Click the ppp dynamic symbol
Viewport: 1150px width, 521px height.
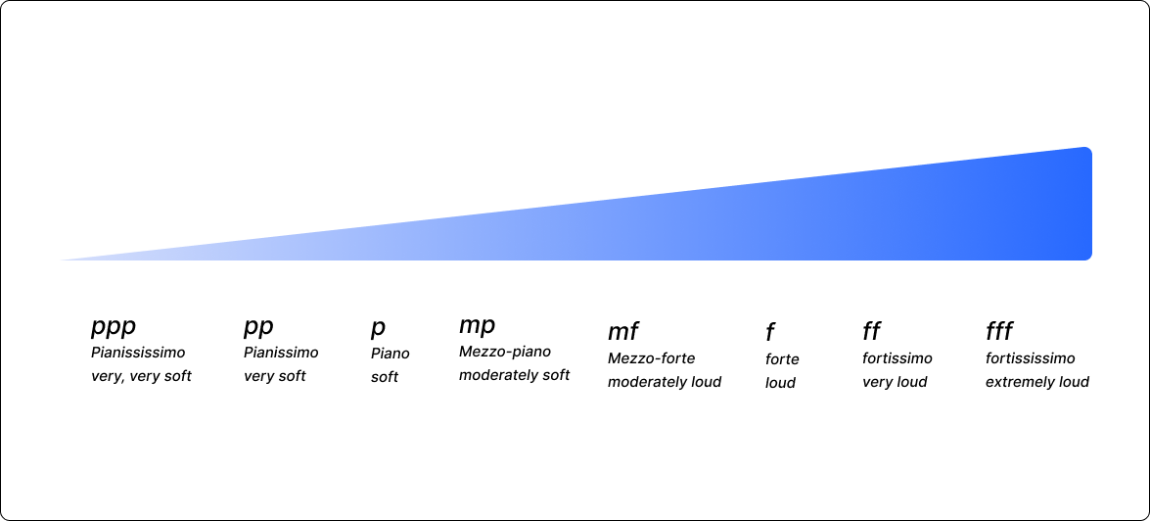coord(113,327)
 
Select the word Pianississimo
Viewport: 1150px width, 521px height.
coord(138,353)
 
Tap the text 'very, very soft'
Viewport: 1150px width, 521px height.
coord(141,376)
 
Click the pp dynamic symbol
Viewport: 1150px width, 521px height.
coord(258,327)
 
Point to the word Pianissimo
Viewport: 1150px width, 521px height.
coord(281,353)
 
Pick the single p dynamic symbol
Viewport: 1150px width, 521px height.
coord(378,328)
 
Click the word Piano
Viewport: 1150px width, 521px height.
coord(391,354)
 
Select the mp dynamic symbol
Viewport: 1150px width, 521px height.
coord(478,326)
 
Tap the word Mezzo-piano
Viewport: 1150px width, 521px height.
coord(505,352)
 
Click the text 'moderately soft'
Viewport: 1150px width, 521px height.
coord(514,375)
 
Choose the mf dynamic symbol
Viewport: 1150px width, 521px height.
coord(622,332)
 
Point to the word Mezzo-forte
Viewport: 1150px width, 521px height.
coord(651,358)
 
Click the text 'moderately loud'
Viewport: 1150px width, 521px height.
coord(665,382)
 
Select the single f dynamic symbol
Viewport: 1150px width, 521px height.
coord(770,333)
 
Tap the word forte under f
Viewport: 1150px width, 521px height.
coord(782,359)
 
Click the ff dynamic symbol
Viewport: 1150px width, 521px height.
coord(871,332)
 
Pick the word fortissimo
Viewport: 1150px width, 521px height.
coord(897,358)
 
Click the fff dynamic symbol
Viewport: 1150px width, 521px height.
coord(998,332)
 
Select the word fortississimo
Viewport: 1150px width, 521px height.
coord(1030,358)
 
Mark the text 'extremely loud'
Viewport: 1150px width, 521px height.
coord(1037,382)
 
